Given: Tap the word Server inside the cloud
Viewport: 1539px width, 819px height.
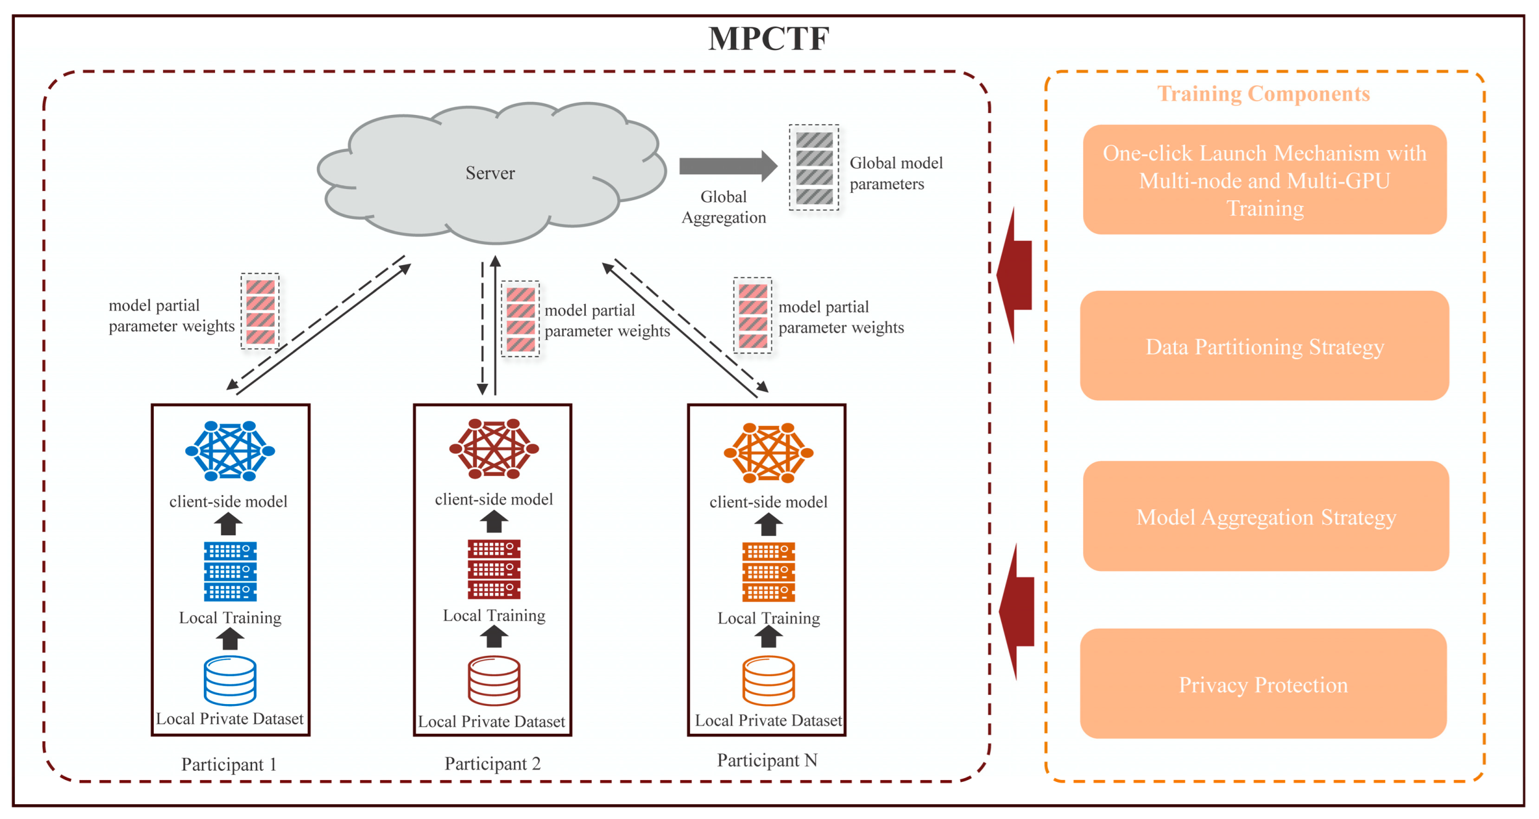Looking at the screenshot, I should tap(490, 173).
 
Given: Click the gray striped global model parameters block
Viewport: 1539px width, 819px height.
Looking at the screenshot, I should tap(814, 168).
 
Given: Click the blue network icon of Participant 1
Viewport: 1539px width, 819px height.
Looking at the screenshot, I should tap(230, 451).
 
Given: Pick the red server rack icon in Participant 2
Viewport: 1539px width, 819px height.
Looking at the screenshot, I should tap(494, 569).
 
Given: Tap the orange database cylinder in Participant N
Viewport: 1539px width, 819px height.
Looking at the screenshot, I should tap(768, 681).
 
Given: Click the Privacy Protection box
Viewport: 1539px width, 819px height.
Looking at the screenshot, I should tap(1263, 684).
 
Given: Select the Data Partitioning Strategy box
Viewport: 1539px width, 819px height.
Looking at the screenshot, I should tap(1264, 346).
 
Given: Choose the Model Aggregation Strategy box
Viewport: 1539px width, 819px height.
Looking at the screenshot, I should tap(1265, 516).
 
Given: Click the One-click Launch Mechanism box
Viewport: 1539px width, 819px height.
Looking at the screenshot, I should tap(1264, 180).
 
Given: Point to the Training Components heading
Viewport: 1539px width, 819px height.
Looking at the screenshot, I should tap(1263, 93).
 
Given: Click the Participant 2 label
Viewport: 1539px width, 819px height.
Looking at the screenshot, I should tap(492, 763).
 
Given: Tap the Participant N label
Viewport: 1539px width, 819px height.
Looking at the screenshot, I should tap(767, 760).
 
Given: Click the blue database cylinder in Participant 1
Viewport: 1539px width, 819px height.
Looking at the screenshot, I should tap(230, 681).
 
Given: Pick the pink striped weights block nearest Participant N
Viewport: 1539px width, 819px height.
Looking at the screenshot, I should tap(752, 315).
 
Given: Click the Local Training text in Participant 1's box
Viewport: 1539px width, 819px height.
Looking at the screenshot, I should tap(230, 617).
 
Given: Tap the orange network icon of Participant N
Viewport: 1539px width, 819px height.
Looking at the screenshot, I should tap(768, 452).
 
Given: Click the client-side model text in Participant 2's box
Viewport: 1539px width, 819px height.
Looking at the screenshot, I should tap(494, 499).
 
